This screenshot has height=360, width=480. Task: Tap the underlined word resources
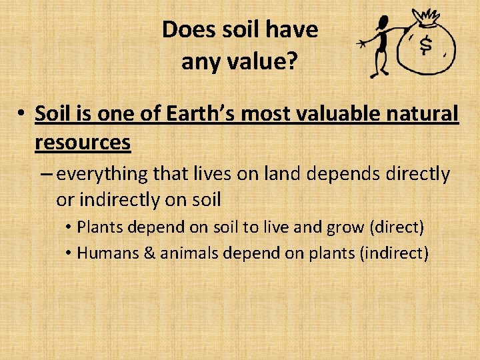click(83, 142)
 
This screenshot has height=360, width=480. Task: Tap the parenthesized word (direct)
click(396, 227)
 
